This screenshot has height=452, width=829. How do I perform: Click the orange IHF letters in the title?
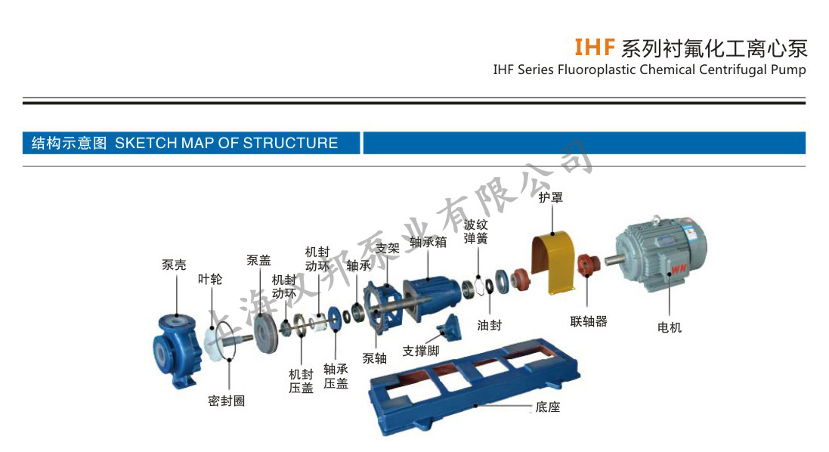(x=595, y=48)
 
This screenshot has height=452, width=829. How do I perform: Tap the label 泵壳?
(x=174, y=265)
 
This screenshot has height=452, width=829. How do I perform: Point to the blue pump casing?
(x=176, y=351)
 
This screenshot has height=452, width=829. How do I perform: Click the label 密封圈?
(x=227, y=401)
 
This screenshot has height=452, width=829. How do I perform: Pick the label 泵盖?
(x=258, y=260)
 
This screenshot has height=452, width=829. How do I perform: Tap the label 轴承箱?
(x=428, y=242)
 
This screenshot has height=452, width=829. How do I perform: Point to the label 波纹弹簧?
(x=476, y=231)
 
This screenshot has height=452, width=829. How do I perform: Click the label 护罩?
(x=550, y=197)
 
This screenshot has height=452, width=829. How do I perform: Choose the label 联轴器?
(x=589, y=321)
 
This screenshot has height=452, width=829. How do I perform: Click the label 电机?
(x=670, y=327)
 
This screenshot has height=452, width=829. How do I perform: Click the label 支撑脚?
(x=421, y=351)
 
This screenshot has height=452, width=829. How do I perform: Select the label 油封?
(x=489, y=325)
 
